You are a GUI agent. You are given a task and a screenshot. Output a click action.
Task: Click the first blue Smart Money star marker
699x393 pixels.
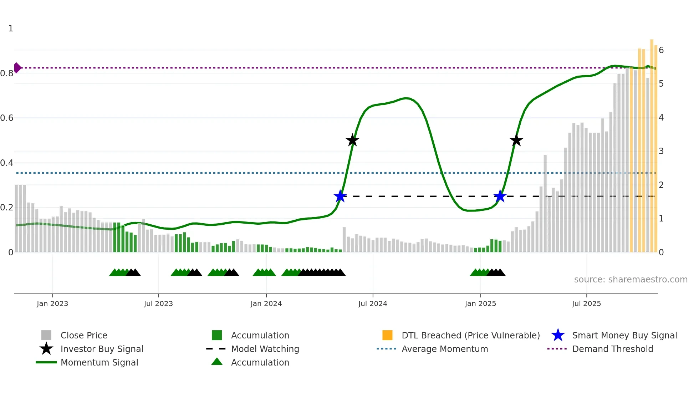(x=340, y=196)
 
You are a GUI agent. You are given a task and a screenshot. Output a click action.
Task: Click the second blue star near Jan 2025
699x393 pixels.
(x=500, y=196)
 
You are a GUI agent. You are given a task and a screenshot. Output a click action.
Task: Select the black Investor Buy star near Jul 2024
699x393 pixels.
(x=352, y=140)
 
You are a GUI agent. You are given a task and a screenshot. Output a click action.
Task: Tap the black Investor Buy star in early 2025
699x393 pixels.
(x=516, y=140)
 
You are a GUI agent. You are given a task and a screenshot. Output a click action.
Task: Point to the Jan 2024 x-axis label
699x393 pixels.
(x=266, y=303)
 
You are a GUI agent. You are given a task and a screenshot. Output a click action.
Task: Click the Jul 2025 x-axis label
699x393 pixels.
(x=586, y=303)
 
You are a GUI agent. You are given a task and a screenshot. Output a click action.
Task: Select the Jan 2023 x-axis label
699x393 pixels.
(x=52, y=303)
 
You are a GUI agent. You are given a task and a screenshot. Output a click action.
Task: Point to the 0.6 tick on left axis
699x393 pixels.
(x=7, y=118)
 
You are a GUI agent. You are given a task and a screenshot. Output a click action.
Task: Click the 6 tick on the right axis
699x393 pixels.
(x=661, y=50)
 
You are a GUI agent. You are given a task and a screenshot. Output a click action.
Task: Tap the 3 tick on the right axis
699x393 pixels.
(x=661, y=151)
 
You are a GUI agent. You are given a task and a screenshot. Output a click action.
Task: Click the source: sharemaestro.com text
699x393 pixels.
(x=631, y=280)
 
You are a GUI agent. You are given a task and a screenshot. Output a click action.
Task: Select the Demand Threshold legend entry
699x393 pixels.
(x=612, y=349)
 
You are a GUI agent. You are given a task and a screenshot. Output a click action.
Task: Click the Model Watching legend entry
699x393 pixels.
(x=265, y=349)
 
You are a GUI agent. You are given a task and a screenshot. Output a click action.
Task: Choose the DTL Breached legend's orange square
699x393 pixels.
(x=387, y=335)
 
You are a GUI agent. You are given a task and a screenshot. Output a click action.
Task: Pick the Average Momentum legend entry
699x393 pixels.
(x=445, y=349)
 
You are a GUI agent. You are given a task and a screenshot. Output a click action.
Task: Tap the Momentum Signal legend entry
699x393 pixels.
(x=99, y=362)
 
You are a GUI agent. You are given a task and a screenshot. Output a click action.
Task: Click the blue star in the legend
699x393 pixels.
(x=558, y=335)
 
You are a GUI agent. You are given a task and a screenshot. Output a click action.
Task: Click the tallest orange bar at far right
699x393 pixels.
(x=652, y=143)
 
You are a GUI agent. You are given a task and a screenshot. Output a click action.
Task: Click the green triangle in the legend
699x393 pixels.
(x=217, y=362)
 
